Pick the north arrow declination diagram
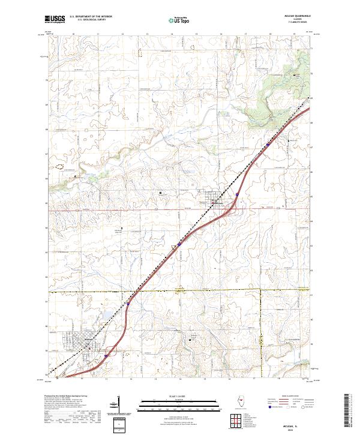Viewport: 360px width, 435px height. pos(118,409)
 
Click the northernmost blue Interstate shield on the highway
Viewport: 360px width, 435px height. pos(269,143)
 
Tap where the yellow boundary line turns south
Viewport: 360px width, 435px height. pos(262,290)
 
